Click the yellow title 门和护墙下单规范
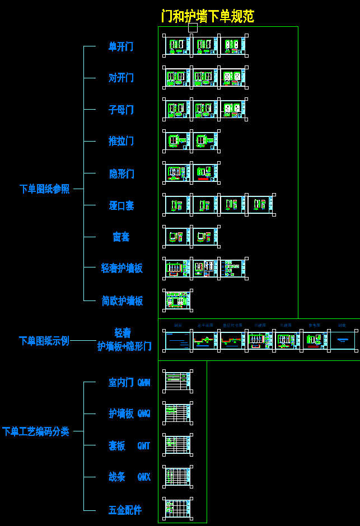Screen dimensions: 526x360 pos(208,16)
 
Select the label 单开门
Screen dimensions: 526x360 pos(121,46)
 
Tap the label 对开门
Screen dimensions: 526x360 pos(121,78)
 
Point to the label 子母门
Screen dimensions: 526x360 pos(121,110)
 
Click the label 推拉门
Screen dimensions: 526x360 pos(121,141)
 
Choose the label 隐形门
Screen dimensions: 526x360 pos(121,173)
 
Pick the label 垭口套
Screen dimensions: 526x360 pos(121,205)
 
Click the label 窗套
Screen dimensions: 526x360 pos(121,237)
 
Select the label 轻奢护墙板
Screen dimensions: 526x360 pos(122,269)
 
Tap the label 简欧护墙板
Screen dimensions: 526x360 pos(122,301)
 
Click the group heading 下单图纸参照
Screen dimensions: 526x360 pos(45,189)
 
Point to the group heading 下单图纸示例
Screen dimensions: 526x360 pos(44,341)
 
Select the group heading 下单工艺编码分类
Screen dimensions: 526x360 pos(36,431)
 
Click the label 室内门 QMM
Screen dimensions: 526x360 pos(129,383)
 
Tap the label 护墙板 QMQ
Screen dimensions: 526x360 pos(129,414)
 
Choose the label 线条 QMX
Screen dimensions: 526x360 pos(129,477)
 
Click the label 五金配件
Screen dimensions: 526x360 pos(125,510)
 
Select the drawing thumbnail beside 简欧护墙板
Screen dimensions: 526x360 pos(178,300)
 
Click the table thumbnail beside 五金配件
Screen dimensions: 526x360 pos(178,509)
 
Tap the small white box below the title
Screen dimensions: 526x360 pos(193,27)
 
